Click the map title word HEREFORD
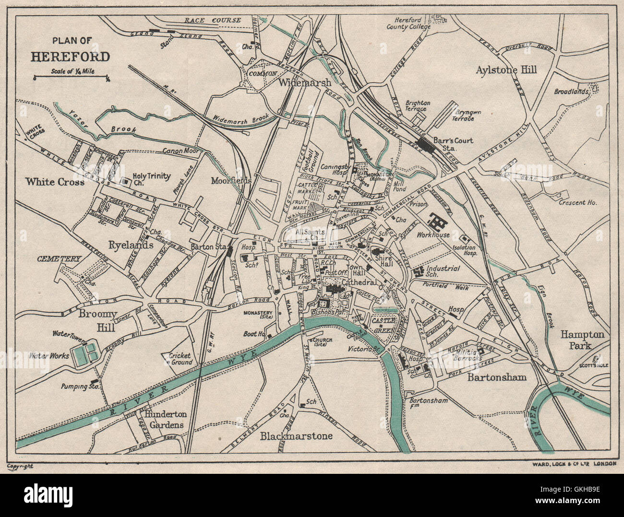tap(71, 57)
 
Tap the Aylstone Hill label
tap(506, 70)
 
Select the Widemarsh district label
tap(304, 82)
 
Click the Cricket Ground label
tap(180, 359)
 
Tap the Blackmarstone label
tap(296, 436)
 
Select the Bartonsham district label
tap(497, 377)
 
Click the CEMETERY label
tap(59, 258)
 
